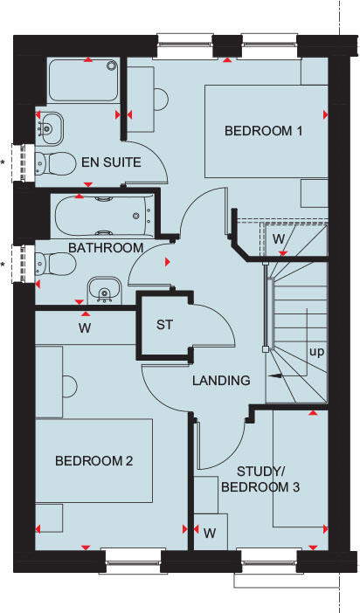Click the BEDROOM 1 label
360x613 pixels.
[x=263, y=132]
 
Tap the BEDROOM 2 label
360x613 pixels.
[x=93, y=461]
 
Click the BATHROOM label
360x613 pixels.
[x=106, y=248]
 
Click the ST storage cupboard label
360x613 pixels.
[x=166, y=326]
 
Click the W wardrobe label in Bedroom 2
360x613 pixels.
[x=85, y=328]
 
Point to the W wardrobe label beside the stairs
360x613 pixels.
[x=278, y=238]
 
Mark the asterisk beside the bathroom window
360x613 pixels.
[x=3, y=264]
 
